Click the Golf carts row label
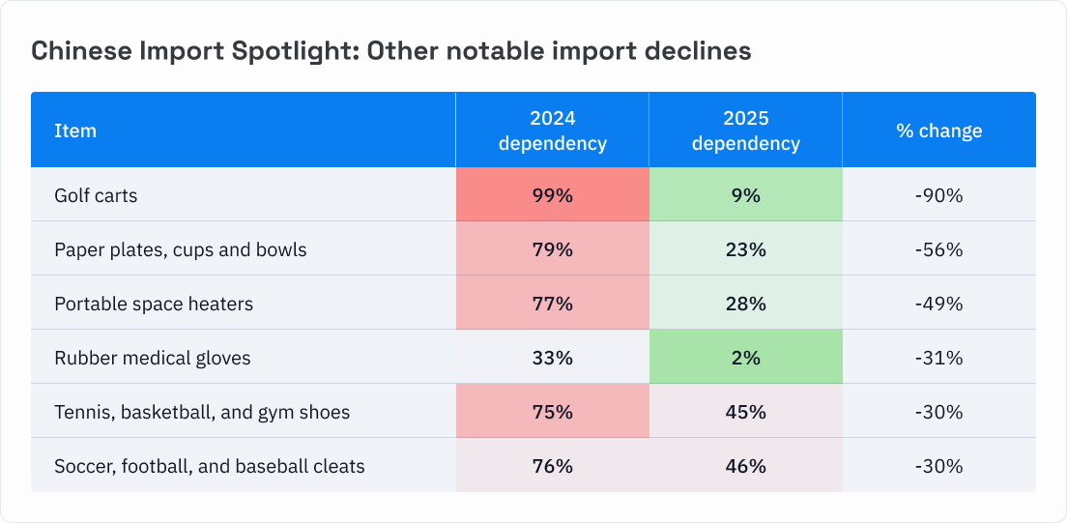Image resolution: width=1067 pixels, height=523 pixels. coord(96,195)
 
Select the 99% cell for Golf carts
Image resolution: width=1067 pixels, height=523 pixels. coord(552,195)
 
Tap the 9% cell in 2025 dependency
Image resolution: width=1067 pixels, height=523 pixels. coord(745,195)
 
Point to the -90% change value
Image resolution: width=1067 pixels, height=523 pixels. coord(938,195)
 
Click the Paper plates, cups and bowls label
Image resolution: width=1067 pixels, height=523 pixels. coord(180,249)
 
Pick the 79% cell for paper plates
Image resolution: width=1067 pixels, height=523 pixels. coord(552,249)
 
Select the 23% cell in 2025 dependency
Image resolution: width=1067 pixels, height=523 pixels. coord(745,249)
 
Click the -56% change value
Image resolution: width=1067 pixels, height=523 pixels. coord(938,249)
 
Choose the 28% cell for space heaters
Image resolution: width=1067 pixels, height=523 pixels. coord(745,304)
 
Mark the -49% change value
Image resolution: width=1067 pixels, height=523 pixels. coord(938,304)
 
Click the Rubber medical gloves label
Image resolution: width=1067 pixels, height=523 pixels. coord(152,358)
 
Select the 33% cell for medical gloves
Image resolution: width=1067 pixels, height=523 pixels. coord(552,358)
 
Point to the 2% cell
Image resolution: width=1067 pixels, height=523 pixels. coord(745,358)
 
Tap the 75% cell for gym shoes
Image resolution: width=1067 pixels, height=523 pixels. coord(552,412)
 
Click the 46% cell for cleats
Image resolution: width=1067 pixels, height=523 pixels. coord(745,466)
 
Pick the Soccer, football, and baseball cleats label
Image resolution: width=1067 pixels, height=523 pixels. coord(209,466)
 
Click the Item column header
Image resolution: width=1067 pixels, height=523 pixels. coord(75,131)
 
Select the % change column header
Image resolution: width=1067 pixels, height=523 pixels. coord(938,131)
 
